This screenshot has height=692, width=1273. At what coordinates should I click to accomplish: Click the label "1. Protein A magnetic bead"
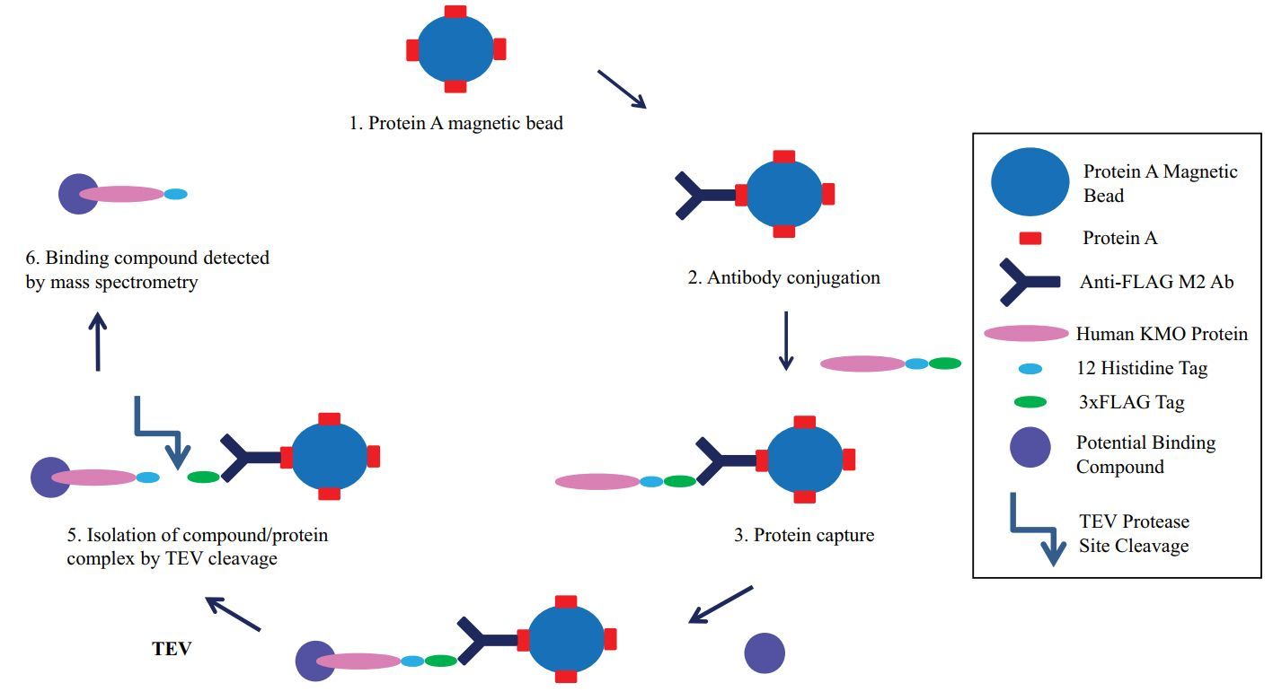point(456,123)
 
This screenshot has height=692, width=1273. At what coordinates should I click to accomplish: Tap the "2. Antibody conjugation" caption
point(784,277)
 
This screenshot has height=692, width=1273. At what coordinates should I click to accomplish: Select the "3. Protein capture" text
point(804,536)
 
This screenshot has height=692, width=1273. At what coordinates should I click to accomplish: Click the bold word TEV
point(172,648)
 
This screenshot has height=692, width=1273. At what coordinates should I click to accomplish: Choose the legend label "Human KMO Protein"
point(1162,334)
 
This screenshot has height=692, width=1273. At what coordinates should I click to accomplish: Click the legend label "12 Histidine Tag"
point(1142,368)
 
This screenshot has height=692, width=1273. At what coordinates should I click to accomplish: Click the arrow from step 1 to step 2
point(623,90)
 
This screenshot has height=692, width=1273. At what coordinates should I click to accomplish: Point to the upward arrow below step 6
point(98,342)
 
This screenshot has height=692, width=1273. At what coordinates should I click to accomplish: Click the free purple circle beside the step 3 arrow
point(765,653)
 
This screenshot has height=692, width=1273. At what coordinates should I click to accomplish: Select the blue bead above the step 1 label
point(456,49)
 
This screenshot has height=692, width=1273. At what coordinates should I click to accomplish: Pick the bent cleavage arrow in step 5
point(161,432)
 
